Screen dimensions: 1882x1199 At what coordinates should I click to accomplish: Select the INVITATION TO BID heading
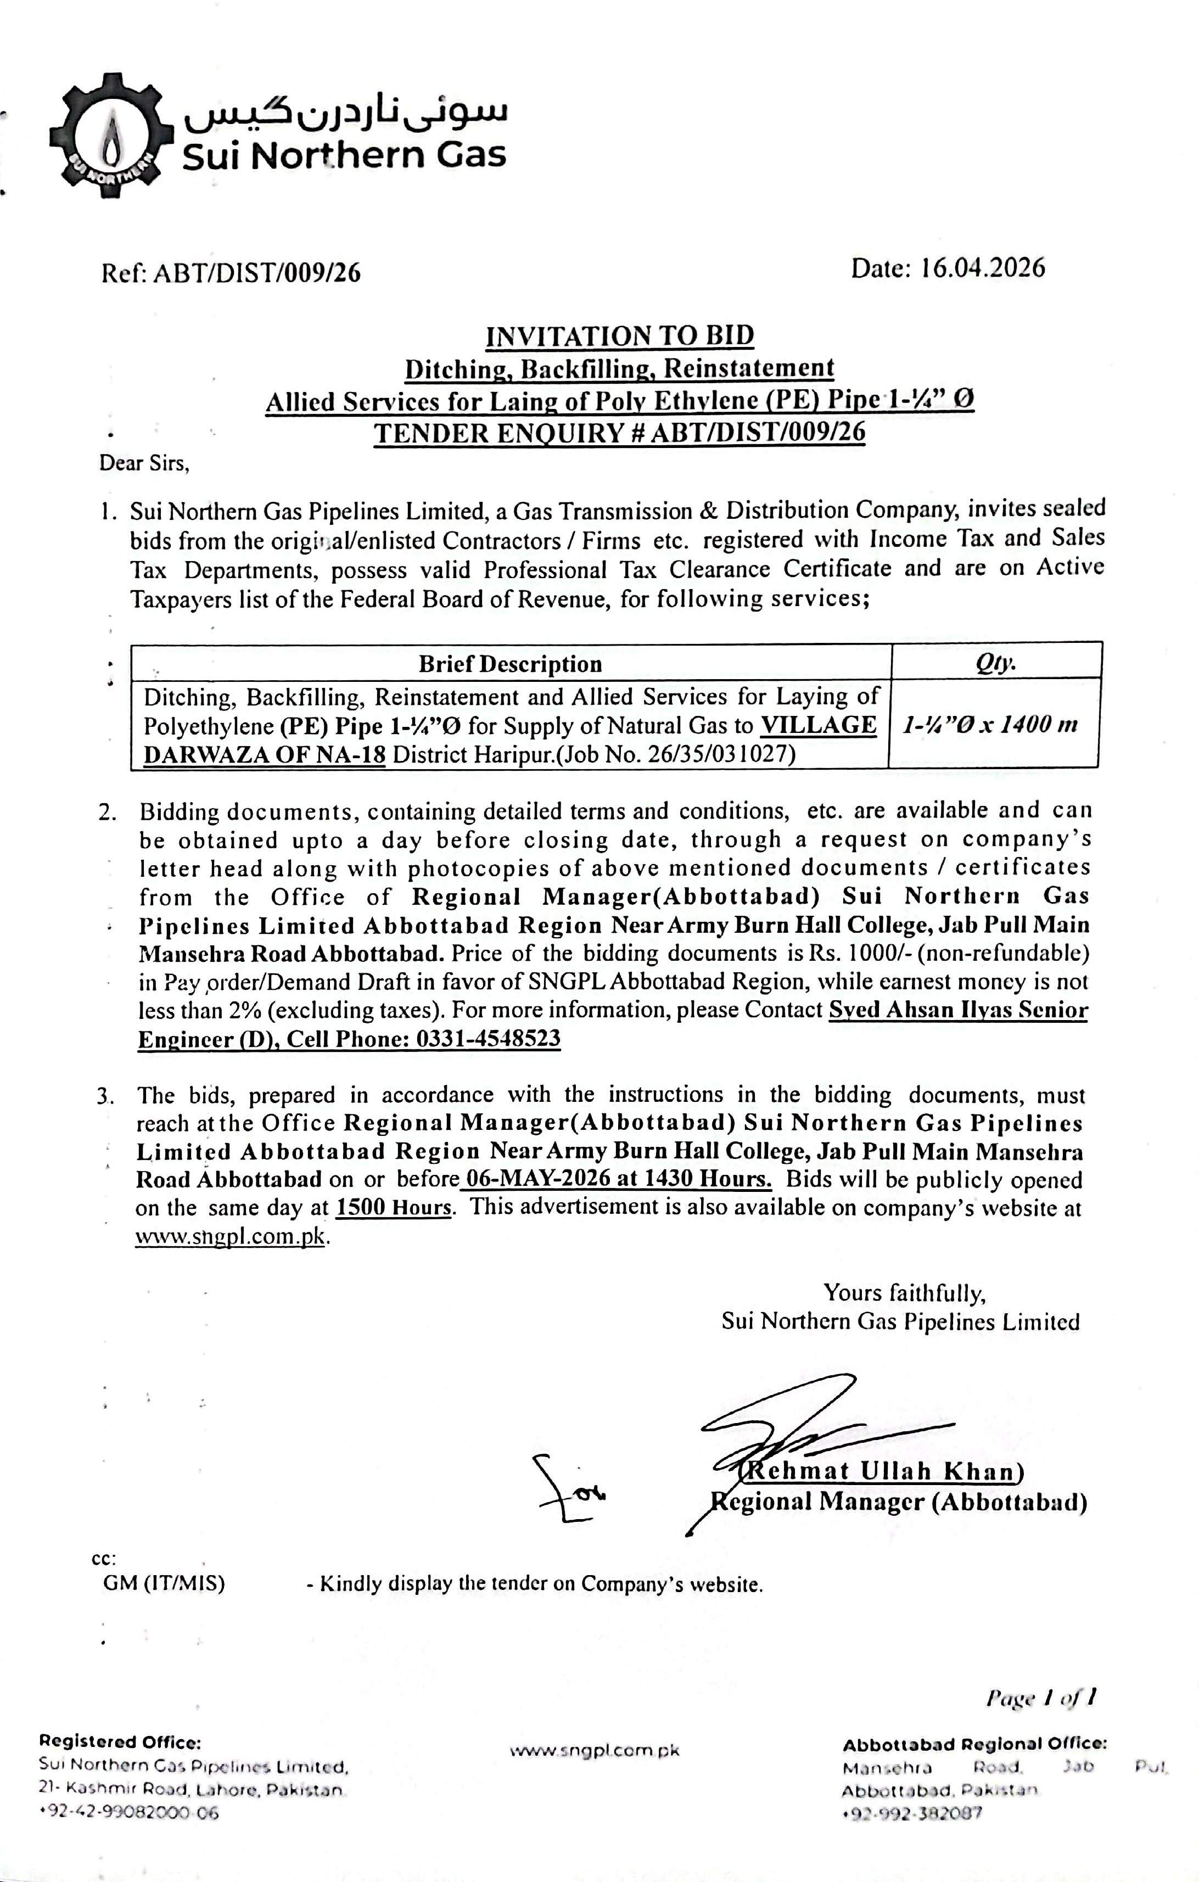[x=620, y=336]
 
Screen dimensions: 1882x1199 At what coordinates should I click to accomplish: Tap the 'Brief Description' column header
[x=511, y=664]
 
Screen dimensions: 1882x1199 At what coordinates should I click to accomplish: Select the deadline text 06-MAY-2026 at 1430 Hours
[x=618, y=1179]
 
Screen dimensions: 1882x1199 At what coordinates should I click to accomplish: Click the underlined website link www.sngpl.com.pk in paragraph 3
[x=230, y=1238]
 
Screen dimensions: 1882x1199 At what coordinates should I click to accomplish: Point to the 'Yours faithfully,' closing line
[x=904, y=1293]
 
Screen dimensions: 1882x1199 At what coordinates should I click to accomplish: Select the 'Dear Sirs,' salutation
[x=144, y=463]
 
